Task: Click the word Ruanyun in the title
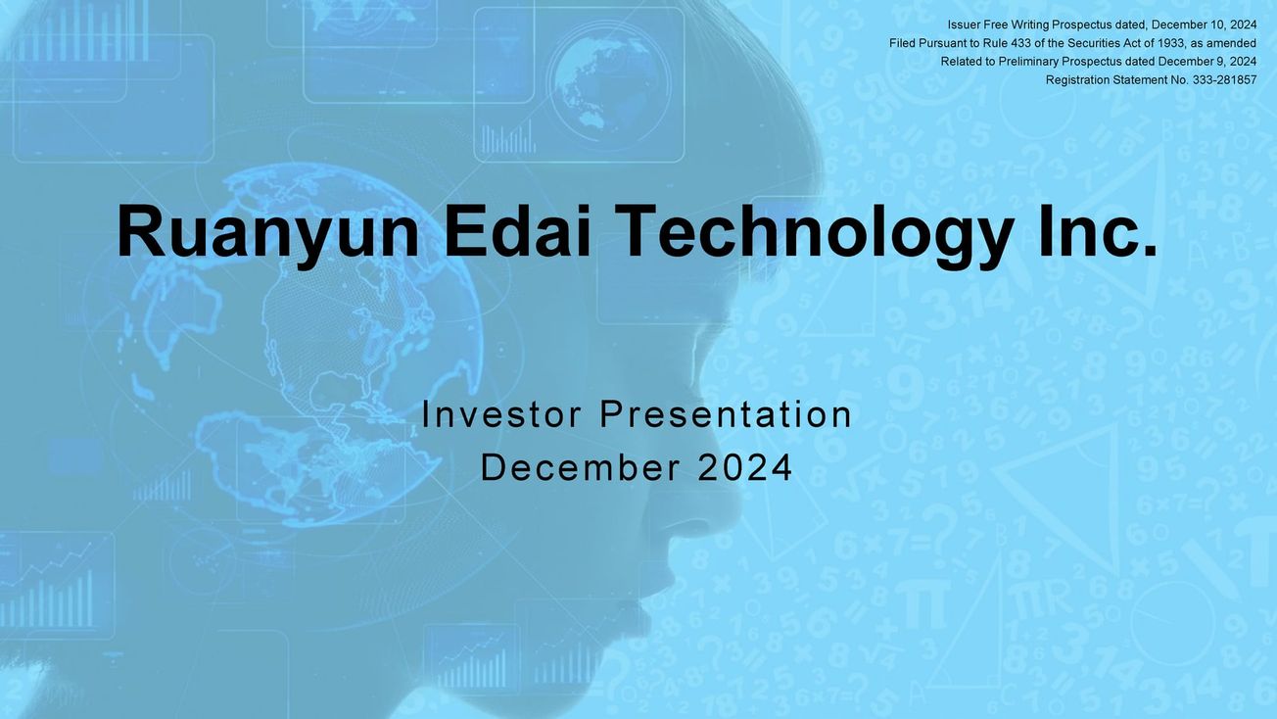[x=267, y=232]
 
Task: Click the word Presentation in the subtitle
[x=726, y=414]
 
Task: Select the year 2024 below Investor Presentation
[x=745, y=467]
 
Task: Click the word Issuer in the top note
[x=964, y=24]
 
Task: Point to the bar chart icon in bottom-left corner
[x=57, y=588]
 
